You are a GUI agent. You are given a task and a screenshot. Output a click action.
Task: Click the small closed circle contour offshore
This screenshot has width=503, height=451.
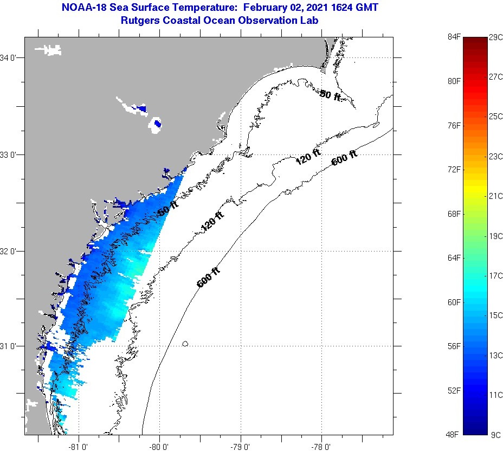185,343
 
